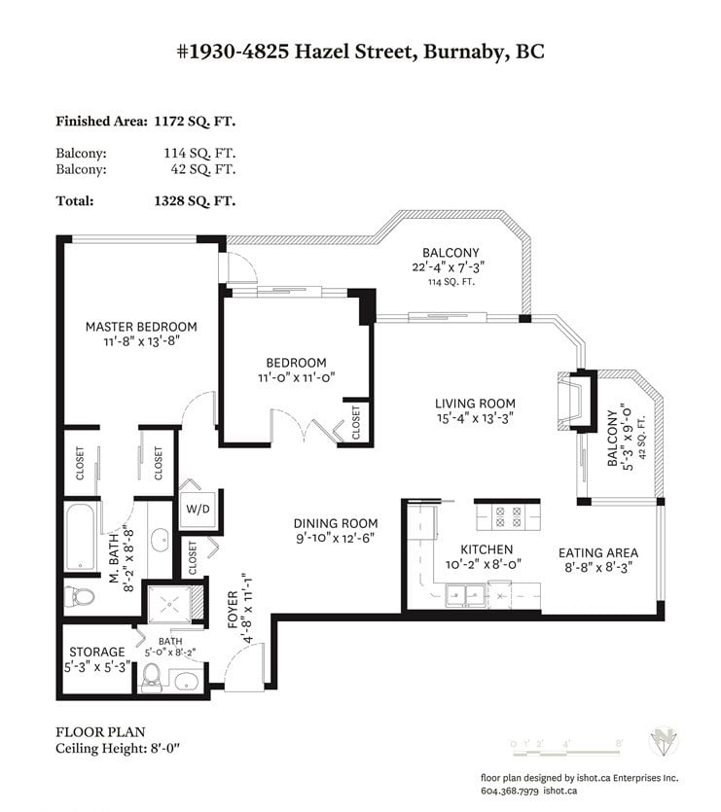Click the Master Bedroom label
[141, 327]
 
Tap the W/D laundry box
[198, 509]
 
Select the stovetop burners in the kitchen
[508, 517]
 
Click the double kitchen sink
[465, 593]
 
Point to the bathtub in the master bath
[81, 537]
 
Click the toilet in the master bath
[81, 597]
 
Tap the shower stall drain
[169, 604]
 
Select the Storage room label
[97, 652]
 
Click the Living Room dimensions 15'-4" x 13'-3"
[475, 418]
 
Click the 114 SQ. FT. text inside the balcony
[451, 282]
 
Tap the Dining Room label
[336, 523]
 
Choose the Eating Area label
[598, 553]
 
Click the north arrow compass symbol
[664, 742]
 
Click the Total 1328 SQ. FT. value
[195, 201]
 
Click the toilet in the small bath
[152, 677]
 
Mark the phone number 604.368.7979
[510, 792]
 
